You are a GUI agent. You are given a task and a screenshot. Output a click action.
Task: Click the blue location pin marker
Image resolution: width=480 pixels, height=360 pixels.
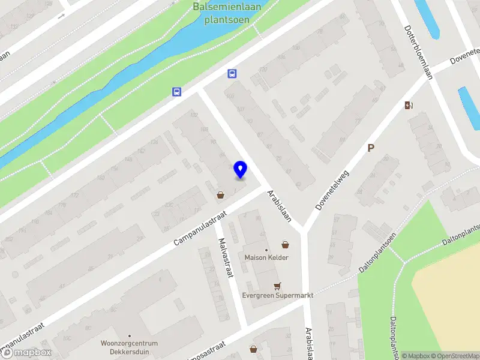pos(240,170)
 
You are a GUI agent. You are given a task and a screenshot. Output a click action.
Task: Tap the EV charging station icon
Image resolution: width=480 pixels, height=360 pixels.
pos(409,105)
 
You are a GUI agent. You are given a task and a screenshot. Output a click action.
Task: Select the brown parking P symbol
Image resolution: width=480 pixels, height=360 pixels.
pos(371,148)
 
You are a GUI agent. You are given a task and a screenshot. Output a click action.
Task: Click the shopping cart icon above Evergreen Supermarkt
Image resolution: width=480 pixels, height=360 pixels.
pos(277,286)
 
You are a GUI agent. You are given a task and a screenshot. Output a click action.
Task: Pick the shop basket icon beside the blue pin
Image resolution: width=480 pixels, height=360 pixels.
pos(221,194)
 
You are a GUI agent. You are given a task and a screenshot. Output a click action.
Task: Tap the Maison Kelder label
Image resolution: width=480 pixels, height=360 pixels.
pos(266,257)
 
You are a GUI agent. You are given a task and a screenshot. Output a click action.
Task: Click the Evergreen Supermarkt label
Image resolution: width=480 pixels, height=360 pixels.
pos(278,295)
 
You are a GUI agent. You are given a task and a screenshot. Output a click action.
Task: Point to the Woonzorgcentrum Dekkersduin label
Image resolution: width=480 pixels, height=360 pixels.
pos(129,347)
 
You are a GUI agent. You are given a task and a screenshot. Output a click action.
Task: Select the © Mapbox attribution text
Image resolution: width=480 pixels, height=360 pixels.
pos(416,356)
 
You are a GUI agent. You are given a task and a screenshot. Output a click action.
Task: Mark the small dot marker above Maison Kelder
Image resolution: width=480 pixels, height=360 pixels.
pos(266,250)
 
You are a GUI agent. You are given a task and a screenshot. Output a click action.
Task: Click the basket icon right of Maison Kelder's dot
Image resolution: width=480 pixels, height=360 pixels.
pos(285,245)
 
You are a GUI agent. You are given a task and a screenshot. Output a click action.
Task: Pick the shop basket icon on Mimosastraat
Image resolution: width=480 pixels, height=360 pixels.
pos(253,349)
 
